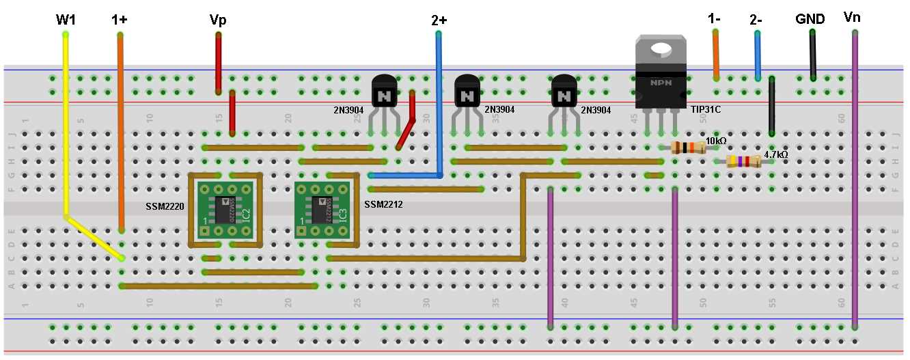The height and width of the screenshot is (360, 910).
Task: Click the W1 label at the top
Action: click(x=66, y=19)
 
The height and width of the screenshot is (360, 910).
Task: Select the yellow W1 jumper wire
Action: click(x=66, y=123)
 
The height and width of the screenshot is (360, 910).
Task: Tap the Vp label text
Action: click(x=218, y=20)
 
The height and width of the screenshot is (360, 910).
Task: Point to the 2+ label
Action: click(x=439, y=20)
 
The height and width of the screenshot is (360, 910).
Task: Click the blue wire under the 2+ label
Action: click(x=439, y=102)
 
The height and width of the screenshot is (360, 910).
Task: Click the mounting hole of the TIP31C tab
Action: click(x=661, y=49)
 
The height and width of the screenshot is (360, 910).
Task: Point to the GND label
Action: click(x=810, y=19)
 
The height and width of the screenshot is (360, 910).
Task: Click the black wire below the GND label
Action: click(x=812, y=55)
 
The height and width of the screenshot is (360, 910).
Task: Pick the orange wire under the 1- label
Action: click(x=716, y=55)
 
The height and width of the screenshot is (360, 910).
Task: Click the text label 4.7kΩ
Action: click(x=775, y=155)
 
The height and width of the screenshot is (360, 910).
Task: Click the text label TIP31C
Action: click(x=706, y=109)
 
